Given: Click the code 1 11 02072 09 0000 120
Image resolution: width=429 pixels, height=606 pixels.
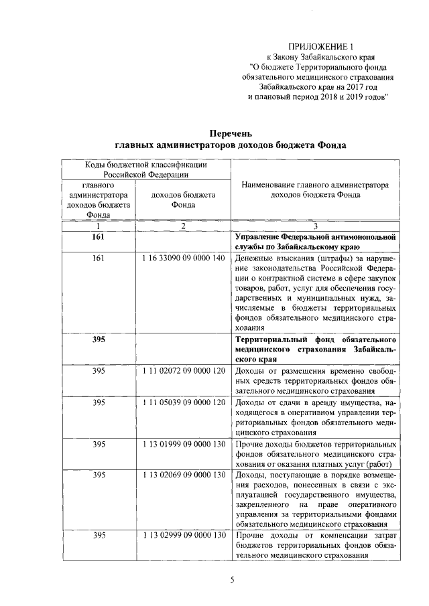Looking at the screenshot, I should (183, 370).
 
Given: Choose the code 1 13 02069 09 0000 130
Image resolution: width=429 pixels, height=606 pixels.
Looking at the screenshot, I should (183, 475).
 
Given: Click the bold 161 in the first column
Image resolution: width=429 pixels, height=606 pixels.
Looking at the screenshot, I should (99, 238).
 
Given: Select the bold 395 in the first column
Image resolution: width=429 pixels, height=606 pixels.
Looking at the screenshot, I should (99, 339).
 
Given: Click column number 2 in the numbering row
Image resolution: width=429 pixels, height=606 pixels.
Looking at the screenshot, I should (183, 226).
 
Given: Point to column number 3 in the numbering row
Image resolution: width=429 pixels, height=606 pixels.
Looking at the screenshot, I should (315, 226).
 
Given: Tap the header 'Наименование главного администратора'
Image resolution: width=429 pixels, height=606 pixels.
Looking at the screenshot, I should (315, 185).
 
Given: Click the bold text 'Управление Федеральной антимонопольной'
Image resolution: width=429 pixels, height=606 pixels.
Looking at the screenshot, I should (315, 238).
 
